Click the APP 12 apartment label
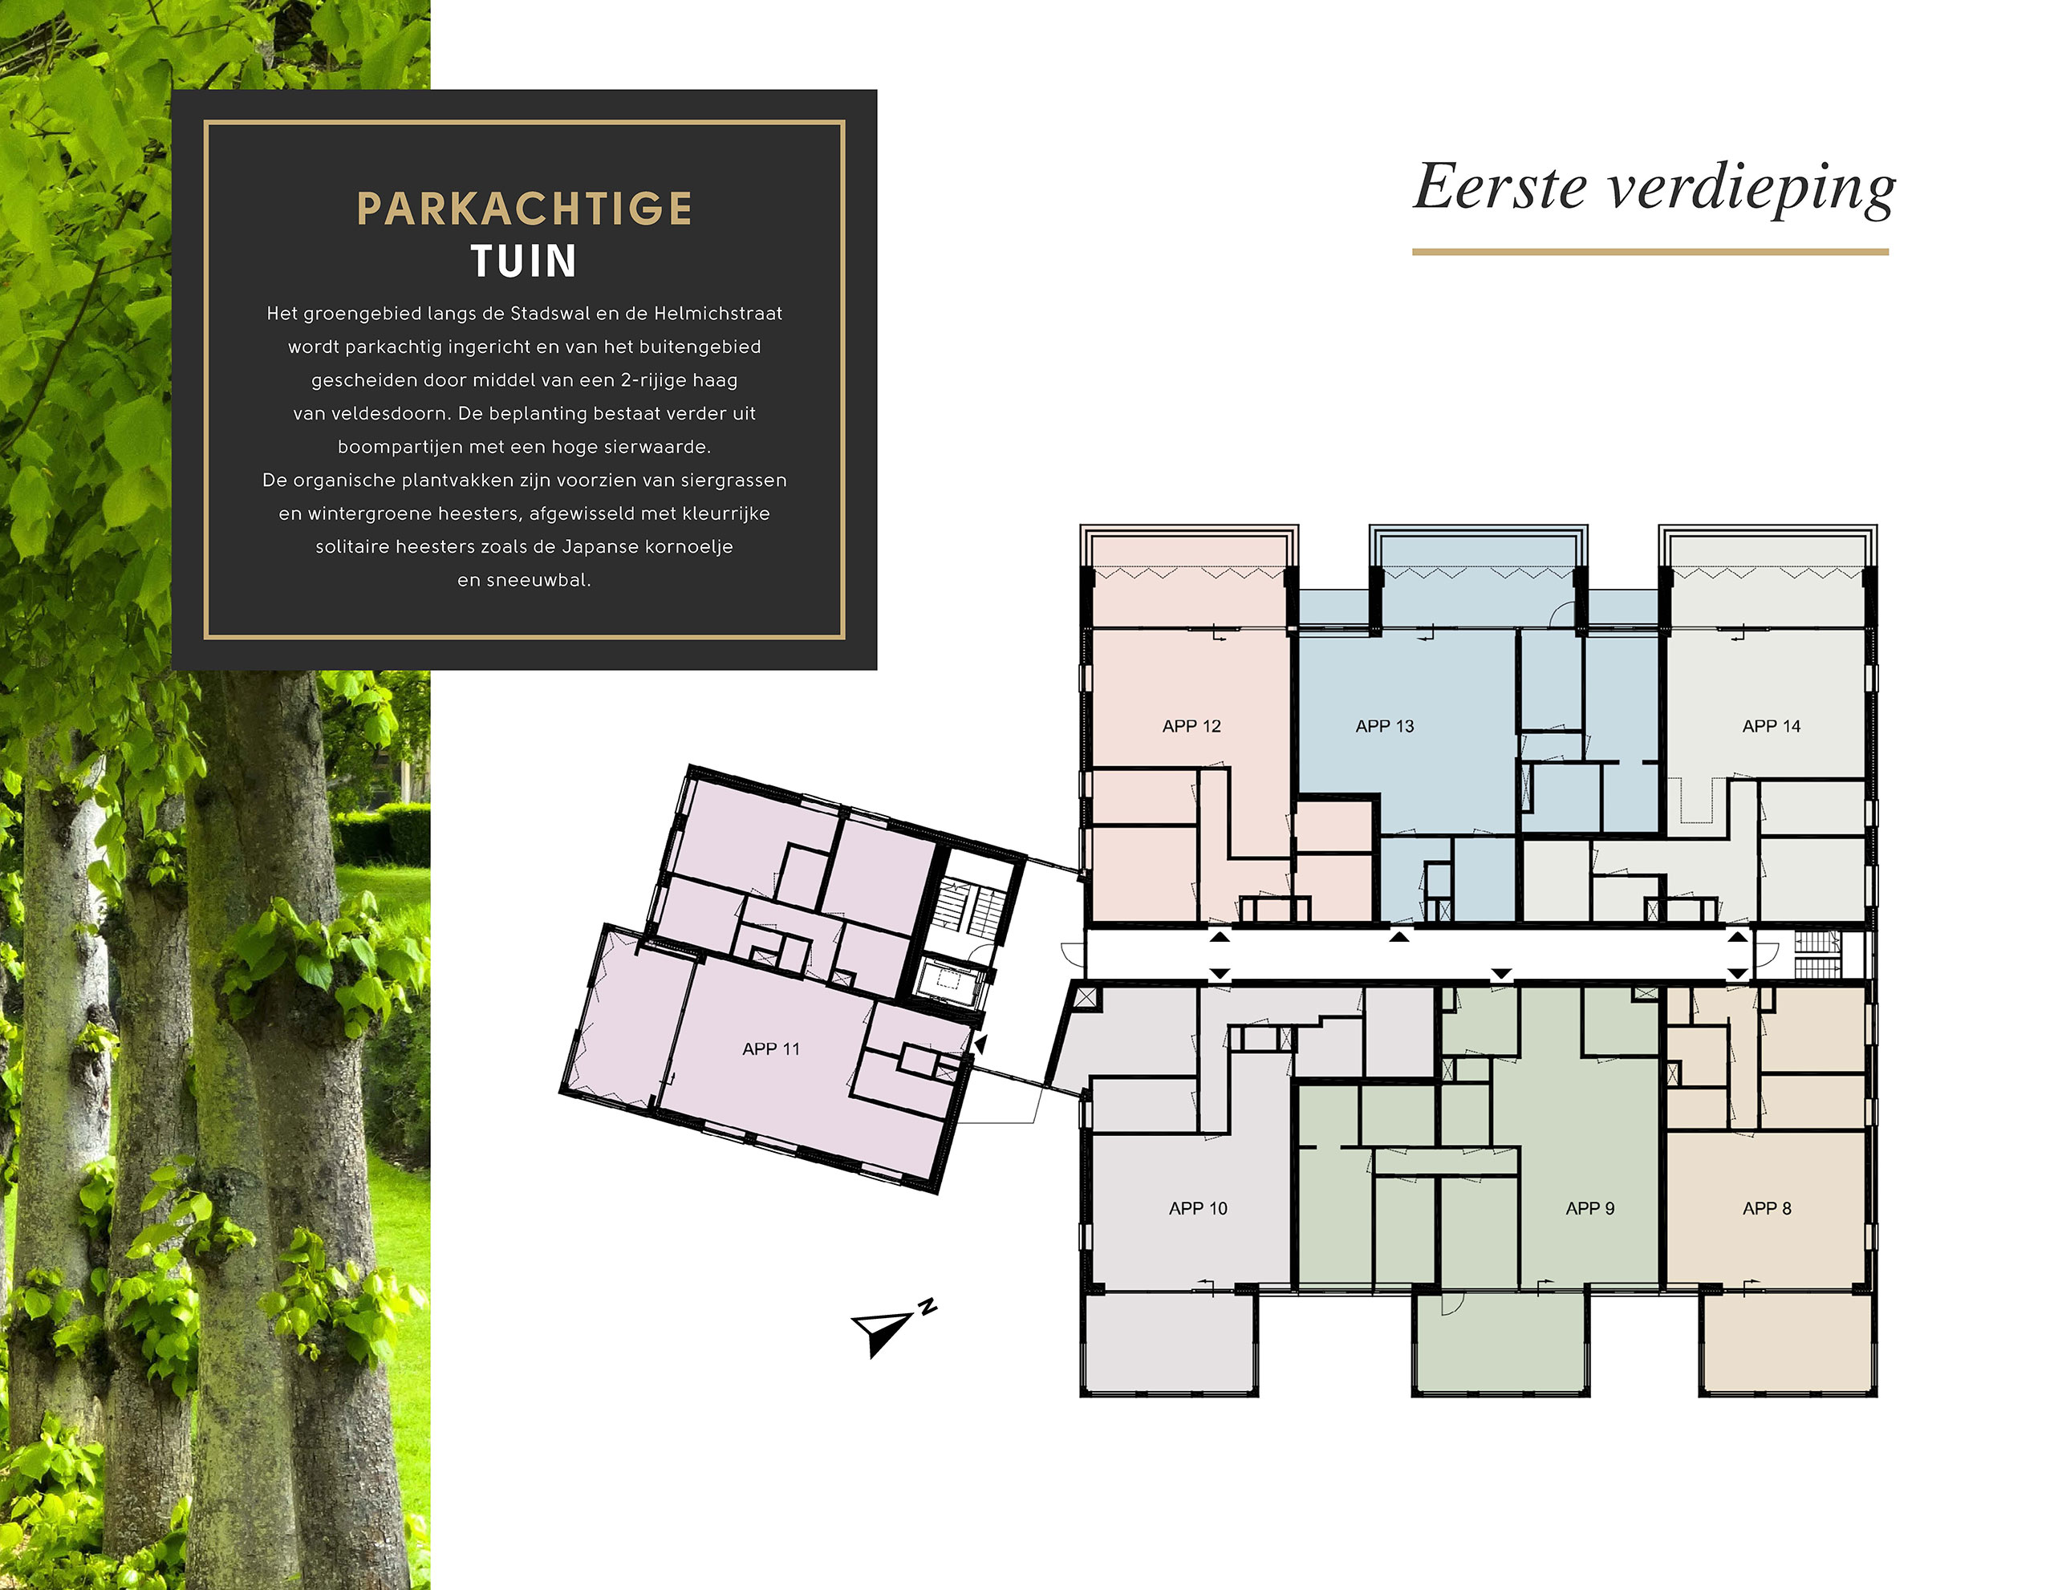[1191, 726]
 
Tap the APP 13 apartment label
[1384, 726]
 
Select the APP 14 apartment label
[1771, 726]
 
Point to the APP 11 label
[771, 1049]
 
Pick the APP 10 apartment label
[1198, 1208]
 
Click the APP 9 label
[1589, 1208]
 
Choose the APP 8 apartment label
[1766, 1208]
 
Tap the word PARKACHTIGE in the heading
[525, 209]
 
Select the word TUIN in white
[524, 261]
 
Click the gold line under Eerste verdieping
[1650, 252]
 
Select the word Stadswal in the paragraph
[550, 313]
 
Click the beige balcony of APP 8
[1787, 1342]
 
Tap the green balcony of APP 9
[1501, 1342]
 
